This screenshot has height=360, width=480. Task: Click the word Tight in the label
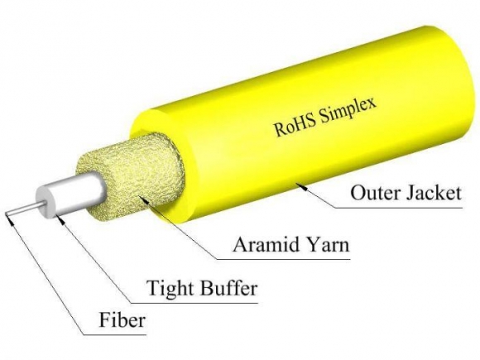(169, 290)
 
